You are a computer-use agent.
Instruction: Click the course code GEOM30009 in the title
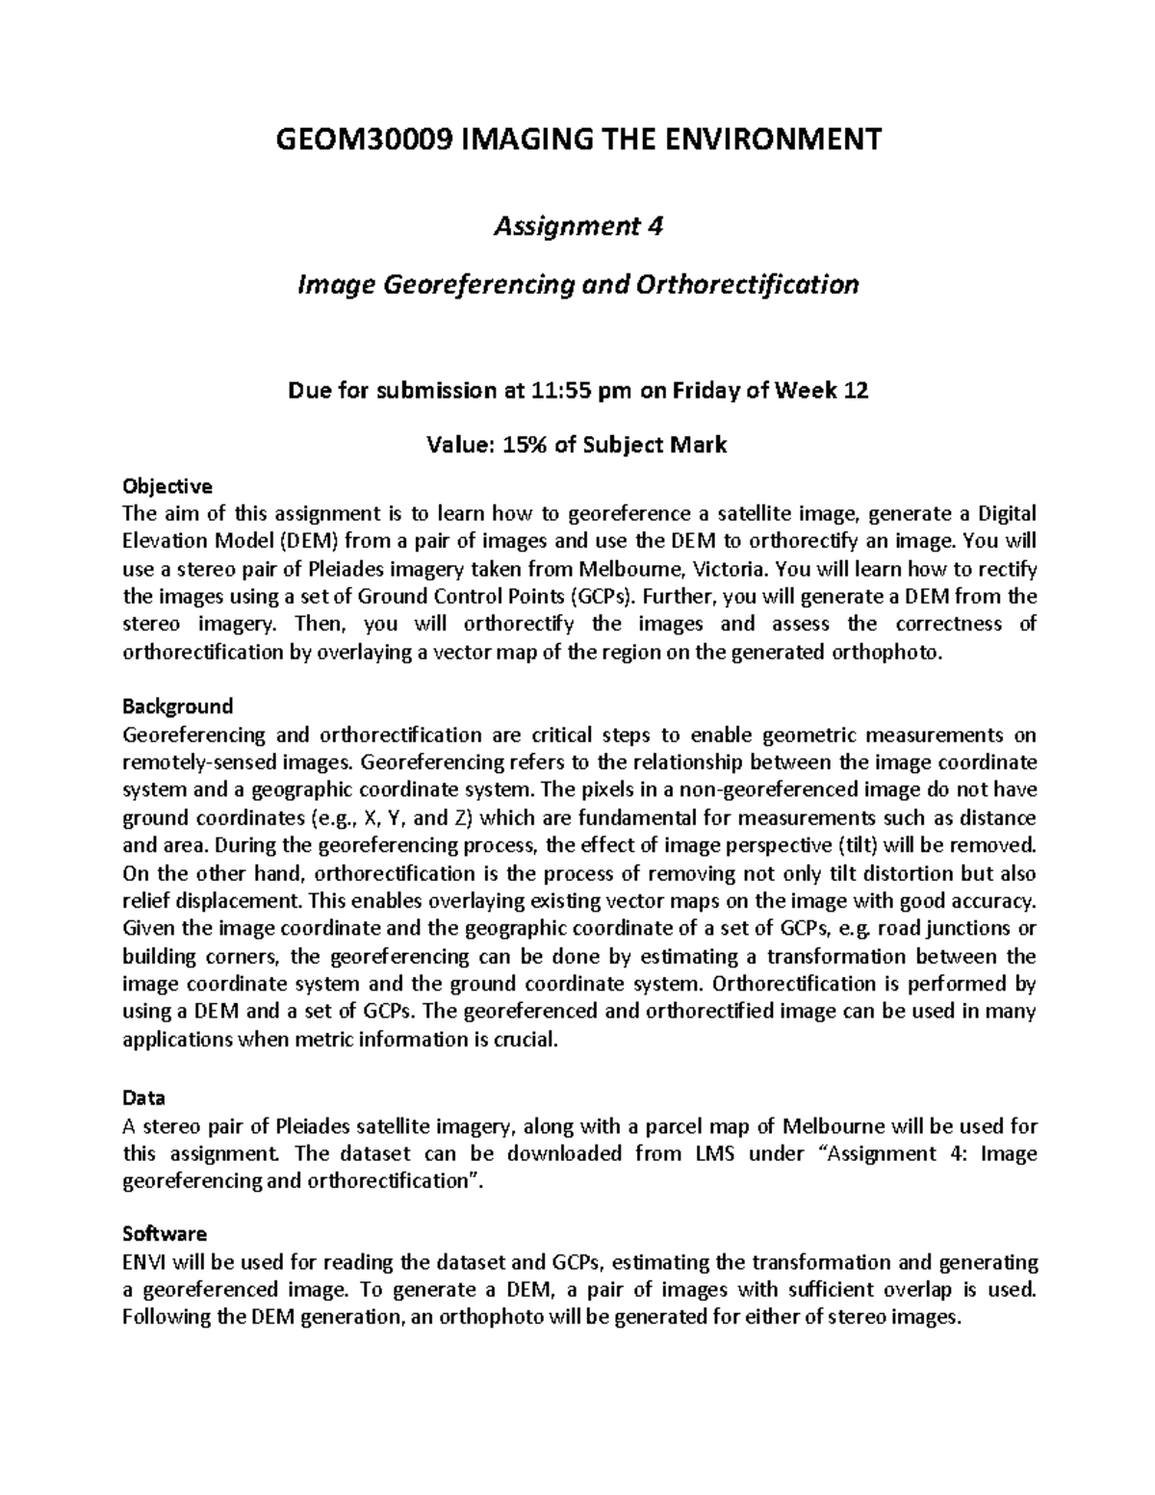click(364, 140)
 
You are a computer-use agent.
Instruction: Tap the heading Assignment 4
click(578, 227)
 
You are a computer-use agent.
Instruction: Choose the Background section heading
click(178, 707)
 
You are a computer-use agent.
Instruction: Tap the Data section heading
click(143, 1097)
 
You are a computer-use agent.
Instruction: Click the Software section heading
click(165, 1233)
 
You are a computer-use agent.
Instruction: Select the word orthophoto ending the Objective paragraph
click(894, 652)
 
